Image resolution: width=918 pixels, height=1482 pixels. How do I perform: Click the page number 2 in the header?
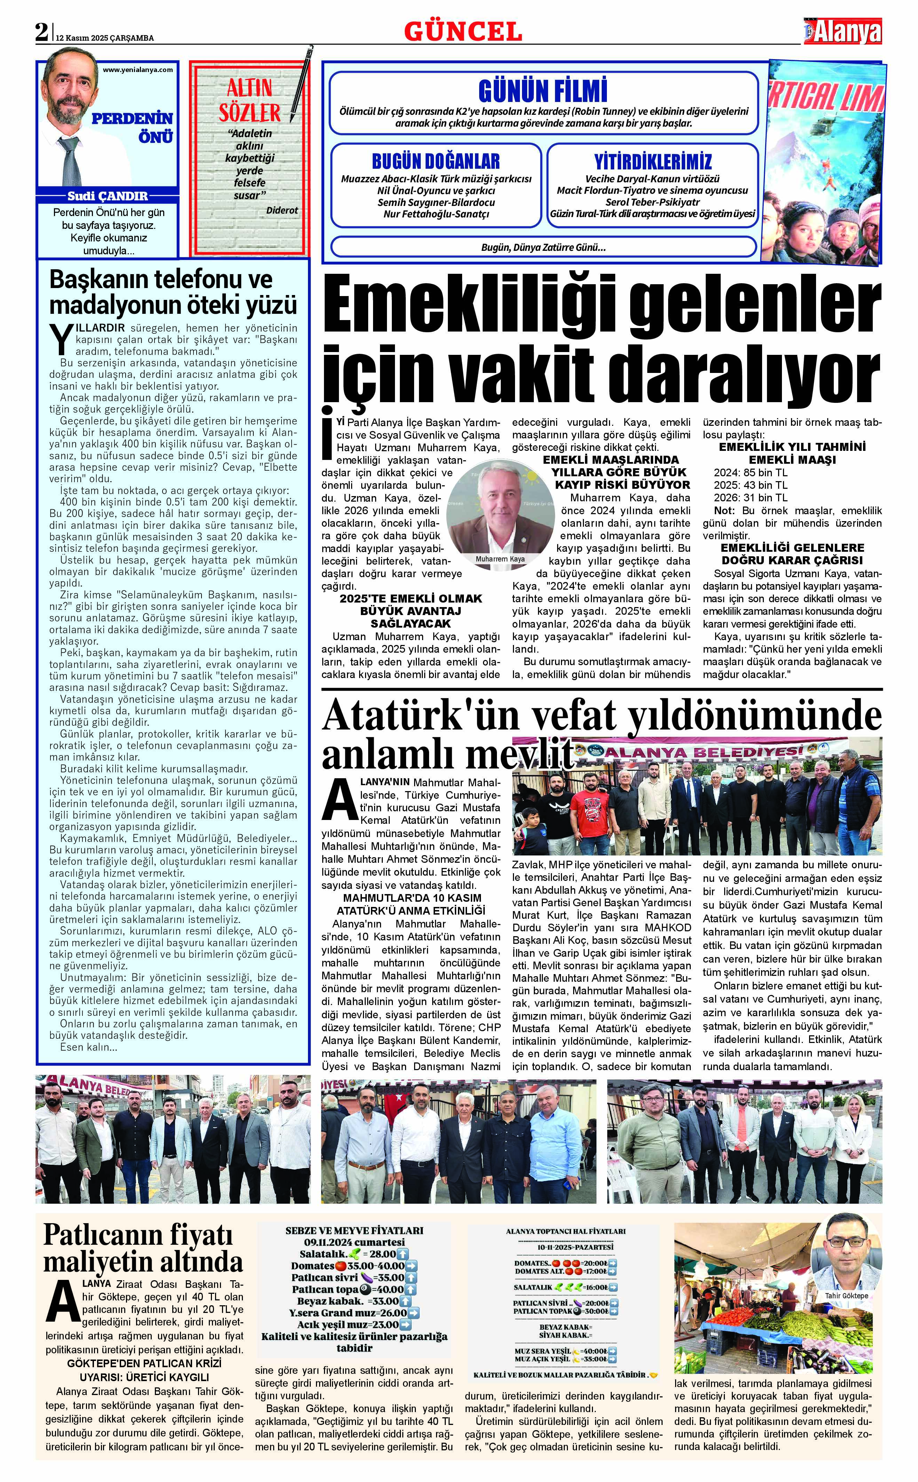41,32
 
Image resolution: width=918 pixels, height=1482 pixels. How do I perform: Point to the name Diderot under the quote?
282,210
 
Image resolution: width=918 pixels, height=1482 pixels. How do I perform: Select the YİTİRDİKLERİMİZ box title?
653,161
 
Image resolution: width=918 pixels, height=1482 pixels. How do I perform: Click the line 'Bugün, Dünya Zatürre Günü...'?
544,247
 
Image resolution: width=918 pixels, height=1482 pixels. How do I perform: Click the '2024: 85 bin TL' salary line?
750,472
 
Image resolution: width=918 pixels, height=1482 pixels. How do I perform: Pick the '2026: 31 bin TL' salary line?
750,497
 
